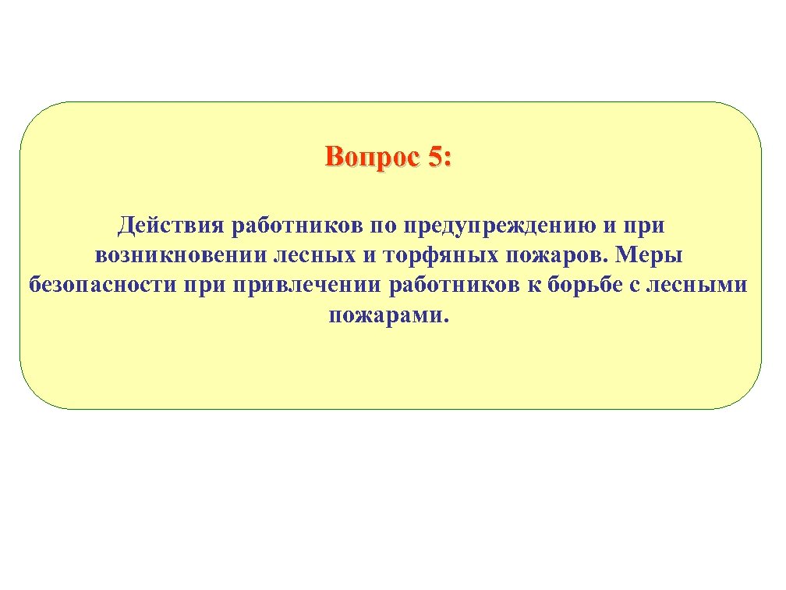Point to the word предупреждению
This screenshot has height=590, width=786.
click(x=494, y=227)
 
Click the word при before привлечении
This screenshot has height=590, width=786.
click(x=203, y=286)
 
